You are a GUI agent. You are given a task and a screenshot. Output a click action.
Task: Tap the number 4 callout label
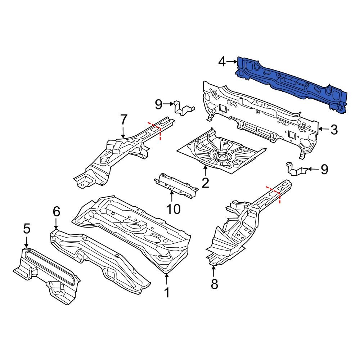tap(222, 62)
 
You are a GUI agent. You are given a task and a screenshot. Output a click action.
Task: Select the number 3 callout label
tap(334, 130)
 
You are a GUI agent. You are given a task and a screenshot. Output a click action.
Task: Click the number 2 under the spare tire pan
tap(205, 183)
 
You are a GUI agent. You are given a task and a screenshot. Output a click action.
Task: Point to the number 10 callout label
tap(173, 208)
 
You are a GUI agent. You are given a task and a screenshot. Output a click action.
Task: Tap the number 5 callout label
tap(27, 228)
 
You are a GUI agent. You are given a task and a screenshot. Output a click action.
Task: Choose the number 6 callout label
tap(56, 212)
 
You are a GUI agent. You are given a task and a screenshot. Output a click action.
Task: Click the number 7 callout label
tap(123, 119)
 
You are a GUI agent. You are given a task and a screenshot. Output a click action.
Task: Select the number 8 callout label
tap(214, 284)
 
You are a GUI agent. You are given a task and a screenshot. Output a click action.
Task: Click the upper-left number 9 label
tap(159, 104)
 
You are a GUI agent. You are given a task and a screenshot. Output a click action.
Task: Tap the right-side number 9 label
tap(324, 169)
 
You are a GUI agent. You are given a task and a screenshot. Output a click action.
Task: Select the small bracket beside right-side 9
tap(296, 169)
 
